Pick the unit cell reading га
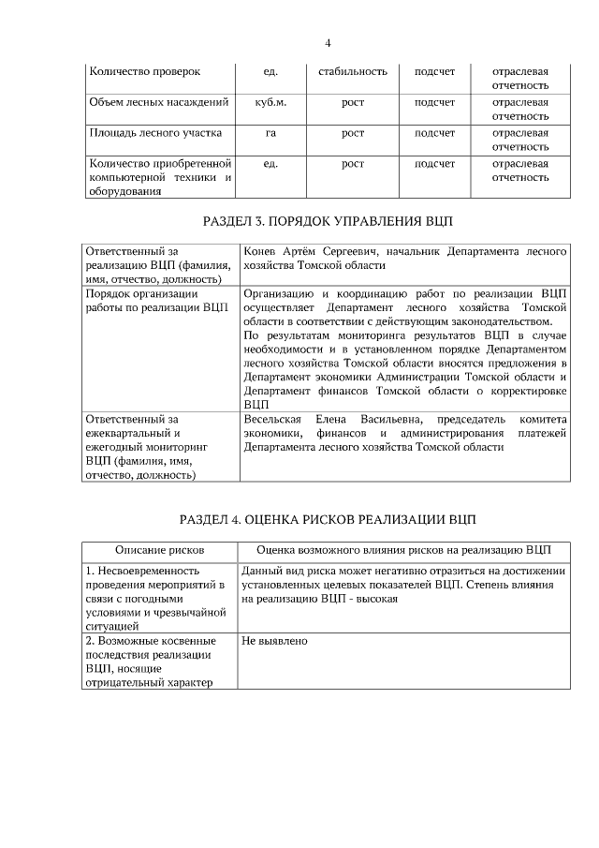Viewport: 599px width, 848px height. click(x=270, y=133)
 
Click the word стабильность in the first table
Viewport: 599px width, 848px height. click(x=353, y=71)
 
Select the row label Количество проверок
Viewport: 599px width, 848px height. click(x=144, y=71)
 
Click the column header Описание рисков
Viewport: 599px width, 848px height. click(x=159, y=549)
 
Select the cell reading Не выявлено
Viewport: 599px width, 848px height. click(x=274, y=641)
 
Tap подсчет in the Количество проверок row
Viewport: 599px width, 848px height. click(x=434, y=71)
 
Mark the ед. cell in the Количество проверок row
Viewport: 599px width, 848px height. click(x=270, y=71)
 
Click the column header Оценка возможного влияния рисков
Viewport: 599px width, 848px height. click(x=403, y=549)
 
